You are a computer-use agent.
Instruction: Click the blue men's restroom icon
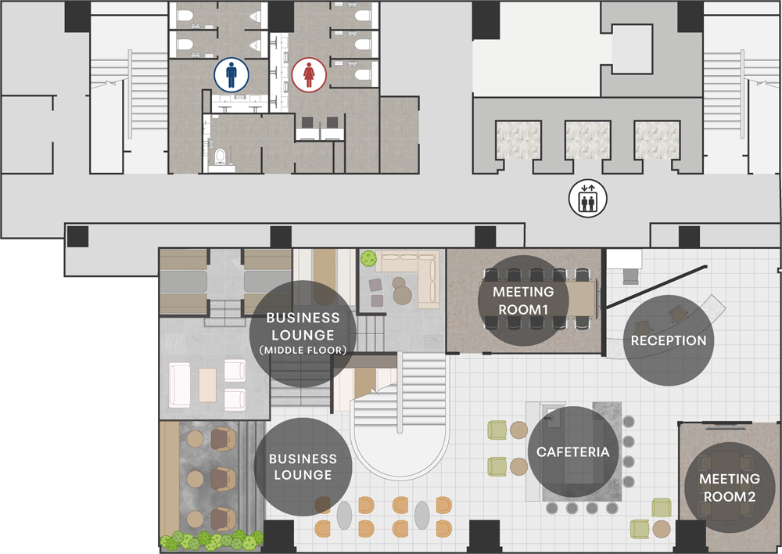point(231,75)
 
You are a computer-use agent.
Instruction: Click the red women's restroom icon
point(308,75)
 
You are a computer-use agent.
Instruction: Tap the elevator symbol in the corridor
point(586,198)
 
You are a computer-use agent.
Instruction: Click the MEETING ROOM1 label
point(523,300)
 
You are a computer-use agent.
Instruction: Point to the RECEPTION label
point(669,340)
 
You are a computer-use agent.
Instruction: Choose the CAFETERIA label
point(573,451)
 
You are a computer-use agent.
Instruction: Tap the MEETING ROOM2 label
point(729,487)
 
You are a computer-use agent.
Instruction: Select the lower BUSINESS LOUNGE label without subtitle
point(303,466)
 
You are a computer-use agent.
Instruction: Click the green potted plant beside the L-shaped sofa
point(368,257)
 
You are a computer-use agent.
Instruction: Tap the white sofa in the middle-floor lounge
point(179,385)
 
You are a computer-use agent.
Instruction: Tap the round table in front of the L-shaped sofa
point(403,294)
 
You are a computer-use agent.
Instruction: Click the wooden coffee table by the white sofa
point(207,384)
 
